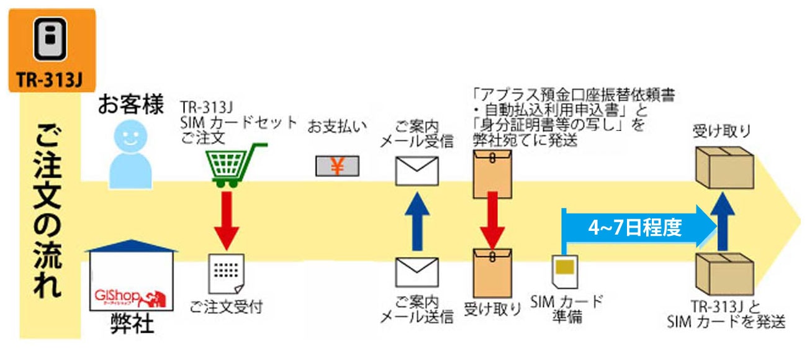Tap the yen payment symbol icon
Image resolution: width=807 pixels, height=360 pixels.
click(x=337, y=166)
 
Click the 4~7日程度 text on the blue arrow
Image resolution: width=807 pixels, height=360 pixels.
click(x=634, y=228)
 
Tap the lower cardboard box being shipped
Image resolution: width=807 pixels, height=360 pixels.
click(x=724, y=273)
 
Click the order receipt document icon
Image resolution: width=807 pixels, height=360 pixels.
click(x=227, y=274)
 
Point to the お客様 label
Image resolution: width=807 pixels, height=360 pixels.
click(x=130, y=105)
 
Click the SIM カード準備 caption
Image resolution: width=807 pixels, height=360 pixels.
click(x=567, y=309)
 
